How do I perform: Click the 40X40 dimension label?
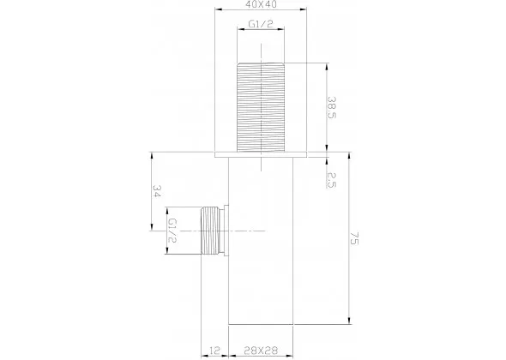[261, 4]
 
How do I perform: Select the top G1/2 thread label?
[261, 23]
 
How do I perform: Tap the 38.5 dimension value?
[332, 107]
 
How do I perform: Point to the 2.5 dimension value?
[332, 180]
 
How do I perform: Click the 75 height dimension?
[354, 237]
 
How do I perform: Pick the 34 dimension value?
[156, 191]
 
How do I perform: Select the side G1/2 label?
[173, 231]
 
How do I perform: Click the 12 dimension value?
[214, 350]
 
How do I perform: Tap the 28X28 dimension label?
[261, 350]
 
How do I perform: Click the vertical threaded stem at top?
[261, 107]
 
